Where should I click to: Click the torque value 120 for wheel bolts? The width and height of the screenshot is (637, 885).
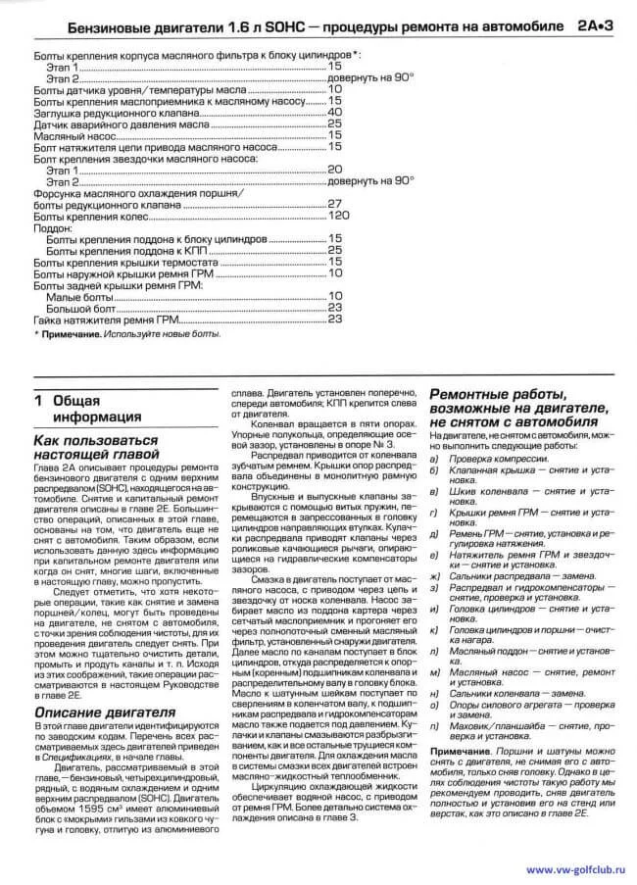338,215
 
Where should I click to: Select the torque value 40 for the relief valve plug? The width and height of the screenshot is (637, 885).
334,112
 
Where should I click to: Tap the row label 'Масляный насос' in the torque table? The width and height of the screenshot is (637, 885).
68,135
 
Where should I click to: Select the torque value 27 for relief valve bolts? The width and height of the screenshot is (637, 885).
334,204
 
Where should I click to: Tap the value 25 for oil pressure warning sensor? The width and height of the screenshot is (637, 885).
334,123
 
